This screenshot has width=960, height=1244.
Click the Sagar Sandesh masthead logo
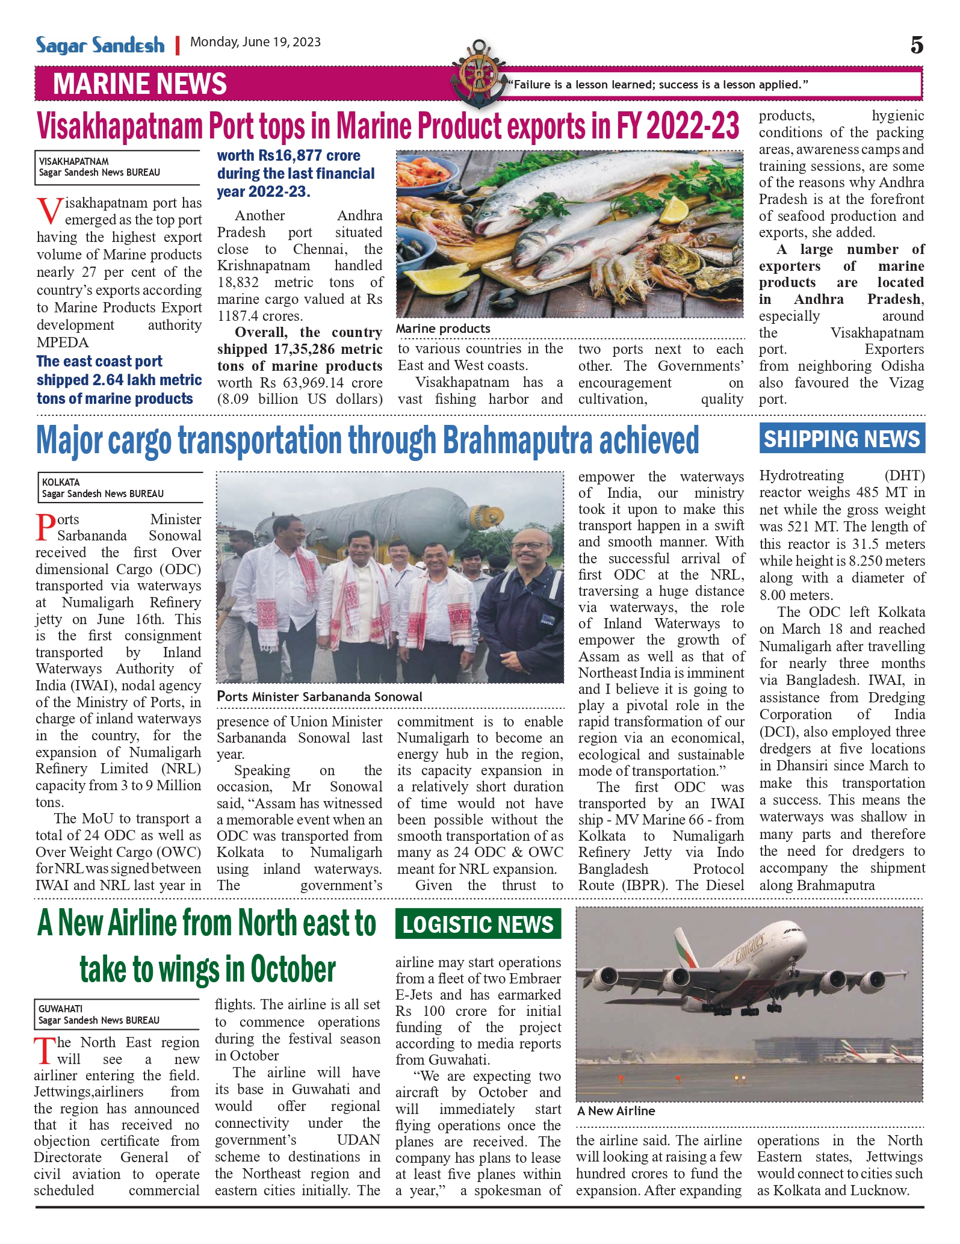(x=100, y=45)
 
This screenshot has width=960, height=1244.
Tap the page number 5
(x=916, y=45)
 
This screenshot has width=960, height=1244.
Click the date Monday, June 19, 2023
(x=255, y=42)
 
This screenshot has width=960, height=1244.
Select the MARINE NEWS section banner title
(x=140, y=84)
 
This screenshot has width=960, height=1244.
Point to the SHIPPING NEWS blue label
(x=842, y=439)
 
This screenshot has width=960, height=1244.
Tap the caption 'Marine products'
(x=443, y=329)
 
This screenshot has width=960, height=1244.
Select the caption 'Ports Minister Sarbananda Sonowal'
(x=319, y=696)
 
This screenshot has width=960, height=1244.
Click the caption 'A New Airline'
(x=616, y=1111)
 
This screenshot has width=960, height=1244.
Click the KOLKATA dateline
(x=61, y=482)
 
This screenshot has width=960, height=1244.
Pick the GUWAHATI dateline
(x=60, y=1009)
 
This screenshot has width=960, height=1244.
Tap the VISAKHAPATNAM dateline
(x=74, y=161)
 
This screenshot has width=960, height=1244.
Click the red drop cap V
(x=49, y=211)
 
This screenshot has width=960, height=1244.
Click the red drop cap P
(x=46, y=527)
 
